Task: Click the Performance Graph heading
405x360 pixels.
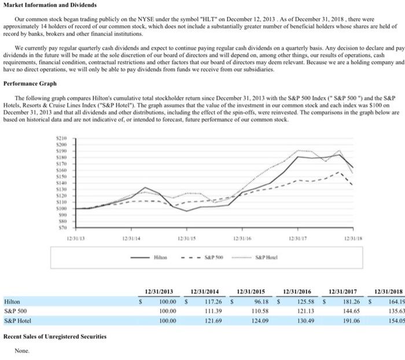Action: tap(30, 84)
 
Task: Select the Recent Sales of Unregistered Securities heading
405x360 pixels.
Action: tap(55, 336)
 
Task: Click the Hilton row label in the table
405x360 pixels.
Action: tap(12, 302)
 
